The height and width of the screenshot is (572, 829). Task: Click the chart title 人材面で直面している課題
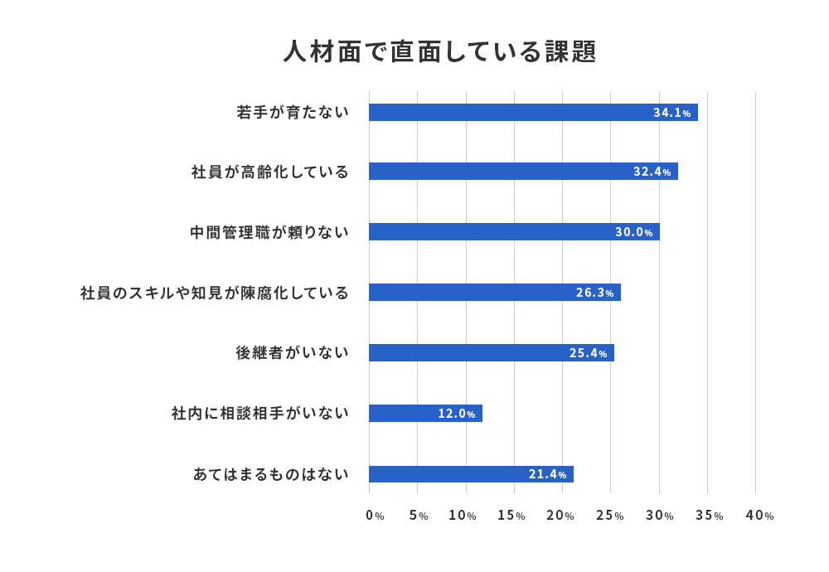[439, 51]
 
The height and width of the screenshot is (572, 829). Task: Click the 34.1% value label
[671, 113]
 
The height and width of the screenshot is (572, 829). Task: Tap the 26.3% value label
[595, 293]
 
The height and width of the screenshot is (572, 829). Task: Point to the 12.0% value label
[457, 414]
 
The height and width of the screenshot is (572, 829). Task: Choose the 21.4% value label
[548, 475]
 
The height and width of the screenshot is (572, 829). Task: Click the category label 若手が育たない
[293, 113]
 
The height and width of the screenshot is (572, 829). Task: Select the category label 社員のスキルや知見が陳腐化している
[215, 293]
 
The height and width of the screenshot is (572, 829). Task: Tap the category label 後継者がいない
[293, 353]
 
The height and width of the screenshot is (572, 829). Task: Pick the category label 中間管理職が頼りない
[269, 232]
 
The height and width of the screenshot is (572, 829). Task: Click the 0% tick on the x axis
[375, 516]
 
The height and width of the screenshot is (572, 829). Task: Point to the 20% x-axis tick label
[560, 516]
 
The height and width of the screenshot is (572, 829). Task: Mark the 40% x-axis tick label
[759, 516]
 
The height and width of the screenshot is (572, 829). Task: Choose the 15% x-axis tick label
[511, 516]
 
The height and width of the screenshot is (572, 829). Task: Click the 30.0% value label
[634, 232]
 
